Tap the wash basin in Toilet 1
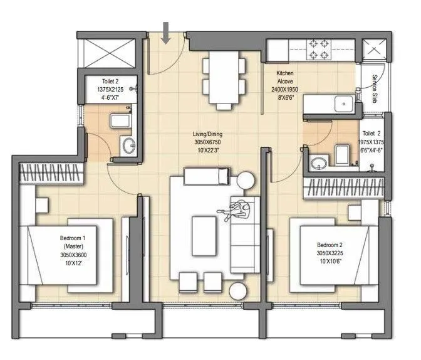coord(128,147)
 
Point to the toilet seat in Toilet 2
coord(342,154)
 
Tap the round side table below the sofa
coord(237,291)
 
